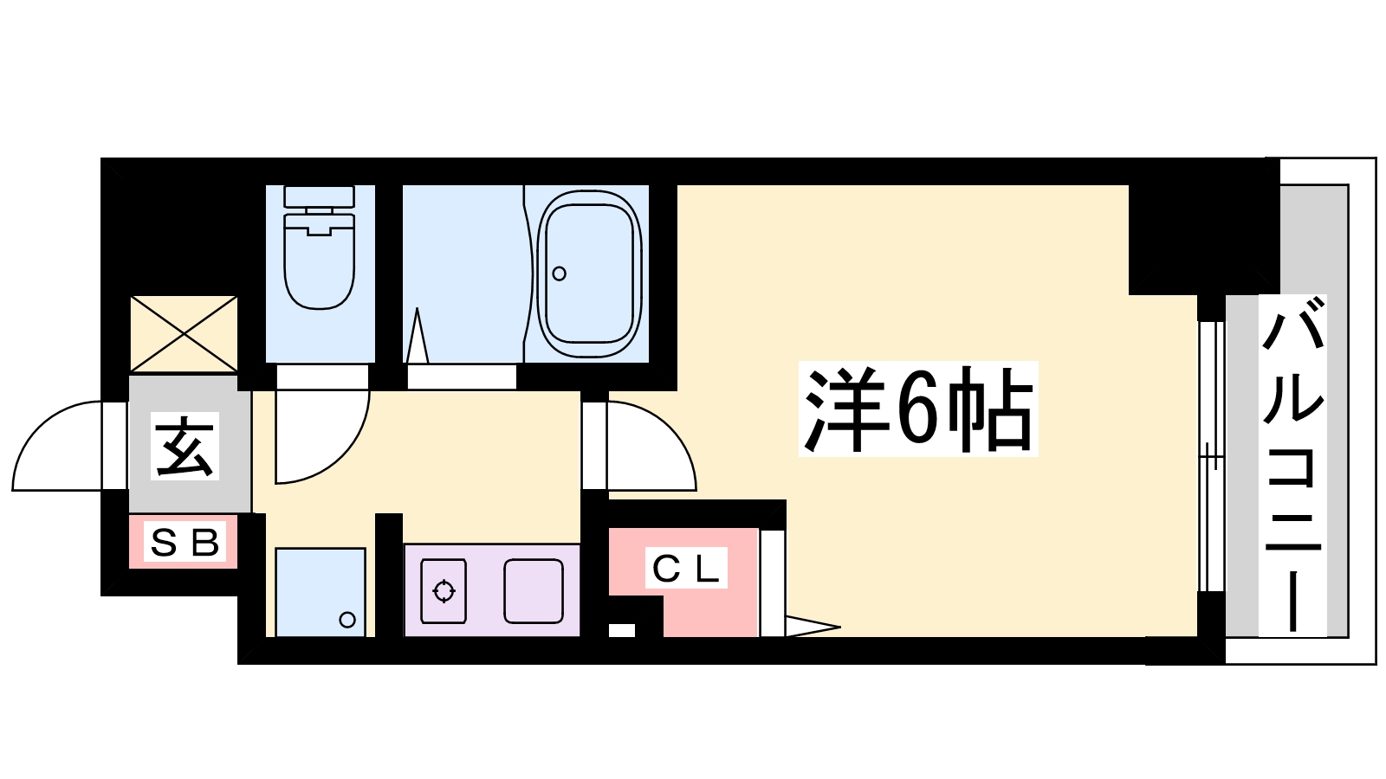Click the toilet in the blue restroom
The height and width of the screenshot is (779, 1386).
320,248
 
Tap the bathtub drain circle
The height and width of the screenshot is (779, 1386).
560,274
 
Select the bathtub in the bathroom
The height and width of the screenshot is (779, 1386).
587,274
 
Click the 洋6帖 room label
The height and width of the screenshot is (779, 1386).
918,409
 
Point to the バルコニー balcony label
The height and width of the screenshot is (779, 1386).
1292,465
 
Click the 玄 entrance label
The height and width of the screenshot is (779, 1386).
185,446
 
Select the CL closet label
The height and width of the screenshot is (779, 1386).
685,570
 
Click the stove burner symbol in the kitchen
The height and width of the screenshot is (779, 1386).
444,591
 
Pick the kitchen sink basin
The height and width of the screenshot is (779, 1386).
534,591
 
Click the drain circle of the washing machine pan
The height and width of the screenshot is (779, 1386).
347,619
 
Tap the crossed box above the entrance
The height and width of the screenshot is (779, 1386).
184,334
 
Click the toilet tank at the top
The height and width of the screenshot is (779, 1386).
320,197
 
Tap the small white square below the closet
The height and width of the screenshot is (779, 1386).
622,630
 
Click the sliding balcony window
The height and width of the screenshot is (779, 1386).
1212,457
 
